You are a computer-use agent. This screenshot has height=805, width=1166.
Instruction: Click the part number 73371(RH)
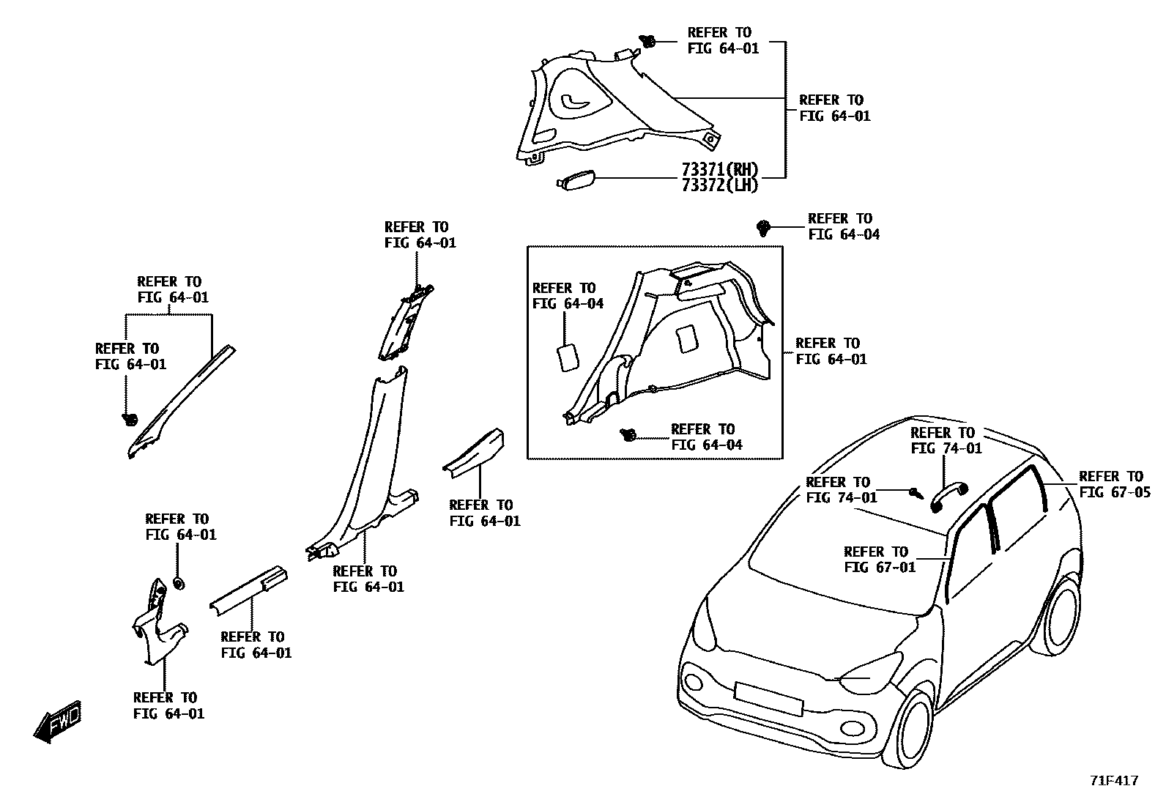719,170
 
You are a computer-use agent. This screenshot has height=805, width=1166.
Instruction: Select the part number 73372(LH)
719,185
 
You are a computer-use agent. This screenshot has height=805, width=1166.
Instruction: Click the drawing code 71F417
1114,781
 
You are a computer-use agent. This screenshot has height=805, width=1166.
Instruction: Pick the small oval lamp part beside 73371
576,179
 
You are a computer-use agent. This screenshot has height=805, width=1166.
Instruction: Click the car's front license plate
768,698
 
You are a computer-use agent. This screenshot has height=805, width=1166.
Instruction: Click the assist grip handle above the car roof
949,497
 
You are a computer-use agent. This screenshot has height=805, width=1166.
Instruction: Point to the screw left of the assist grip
915,492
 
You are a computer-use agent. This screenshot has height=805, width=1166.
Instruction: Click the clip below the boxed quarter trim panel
627,435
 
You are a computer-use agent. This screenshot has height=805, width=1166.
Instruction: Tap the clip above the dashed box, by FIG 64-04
764,227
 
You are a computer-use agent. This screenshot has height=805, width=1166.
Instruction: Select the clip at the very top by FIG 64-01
648,41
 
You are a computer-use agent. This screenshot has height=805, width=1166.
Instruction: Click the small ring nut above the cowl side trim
177,583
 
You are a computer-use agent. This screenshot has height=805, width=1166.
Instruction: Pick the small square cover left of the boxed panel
569,357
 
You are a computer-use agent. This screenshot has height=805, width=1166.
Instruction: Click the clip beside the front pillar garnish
130,419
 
